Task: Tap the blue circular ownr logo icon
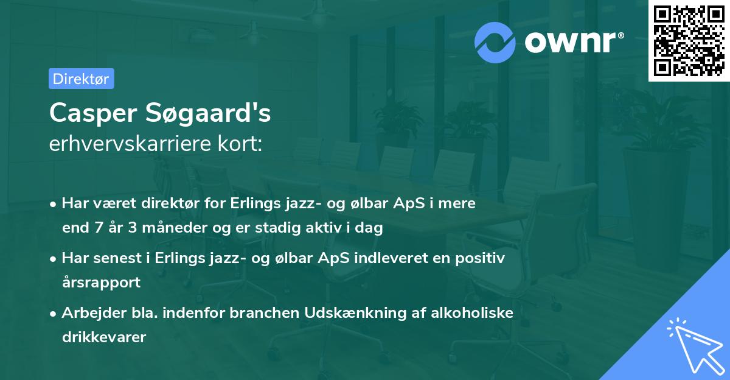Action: [496, 42]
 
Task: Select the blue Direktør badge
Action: [81, 79]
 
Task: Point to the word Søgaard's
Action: [207, 114]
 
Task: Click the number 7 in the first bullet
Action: [100, 228]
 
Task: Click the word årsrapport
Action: [101, 283]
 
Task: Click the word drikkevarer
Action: [104, 337]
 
